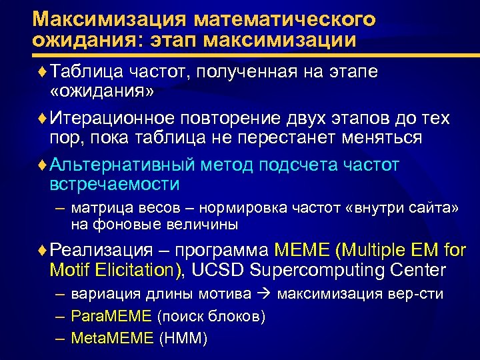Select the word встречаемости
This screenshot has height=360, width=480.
[115, 183]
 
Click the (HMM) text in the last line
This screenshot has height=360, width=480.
[184, 339]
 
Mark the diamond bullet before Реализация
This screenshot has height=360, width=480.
[43, 251]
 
